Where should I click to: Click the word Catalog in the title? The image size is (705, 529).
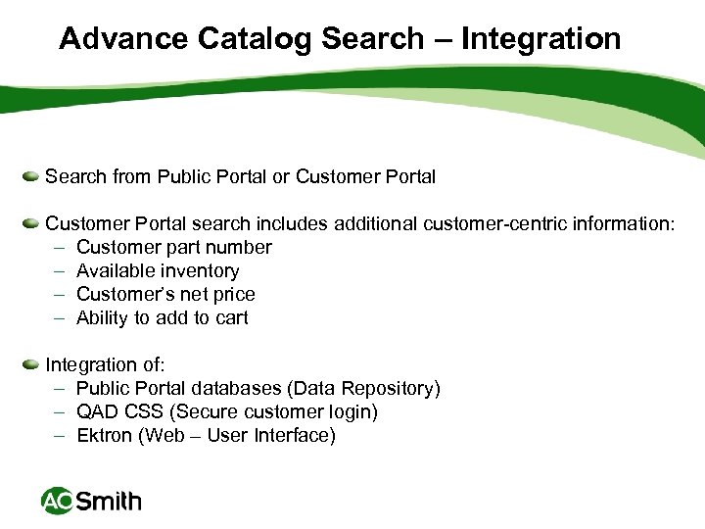click(x=252, y=39)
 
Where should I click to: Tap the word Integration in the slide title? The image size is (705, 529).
click(x=540, y=39)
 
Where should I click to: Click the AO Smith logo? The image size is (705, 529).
click(x=91, y=502)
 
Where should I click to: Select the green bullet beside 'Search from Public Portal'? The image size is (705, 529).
click(x=31, y=176)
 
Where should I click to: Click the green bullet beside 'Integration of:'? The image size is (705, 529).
click(x=31, y=364)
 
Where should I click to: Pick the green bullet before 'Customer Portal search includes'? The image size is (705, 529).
click(x=31, y=223)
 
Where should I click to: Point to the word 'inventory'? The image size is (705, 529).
click(x=201, y=270)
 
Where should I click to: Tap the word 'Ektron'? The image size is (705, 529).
click(x=105, y=435)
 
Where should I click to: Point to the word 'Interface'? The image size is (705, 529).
click(x=296, y=435)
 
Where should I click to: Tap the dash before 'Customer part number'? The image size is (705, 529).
click(x=59, y=247)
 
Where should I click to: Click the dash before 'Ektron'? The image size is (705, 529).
click(x=59, y=435)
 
